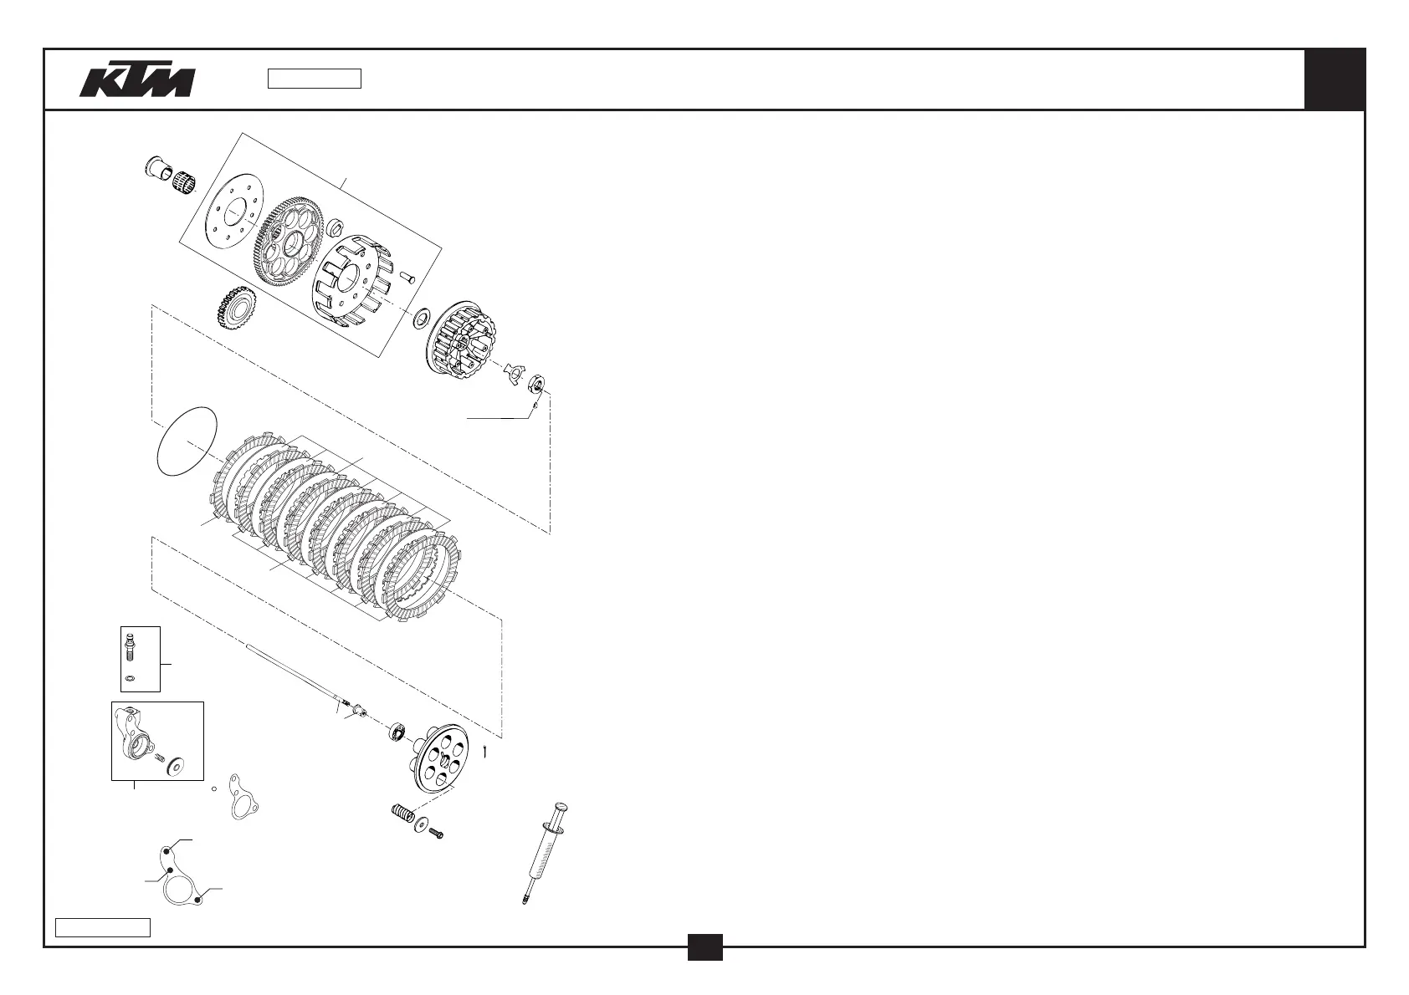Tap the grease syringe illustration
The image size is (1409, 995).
pos(546,849)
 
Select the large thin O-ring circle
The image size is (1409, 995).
pos(187,441)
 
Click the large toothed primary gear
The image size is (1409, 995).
pos(288,243)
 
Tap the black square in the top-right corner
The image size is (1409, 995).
pos(1335,79)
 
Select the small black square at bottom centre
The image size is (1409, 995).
pos(704,947)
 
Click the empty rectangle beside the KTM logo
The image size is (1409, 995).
pos(314,79)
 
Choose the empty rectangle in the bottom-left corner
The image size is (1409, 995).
pos(103,927)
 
